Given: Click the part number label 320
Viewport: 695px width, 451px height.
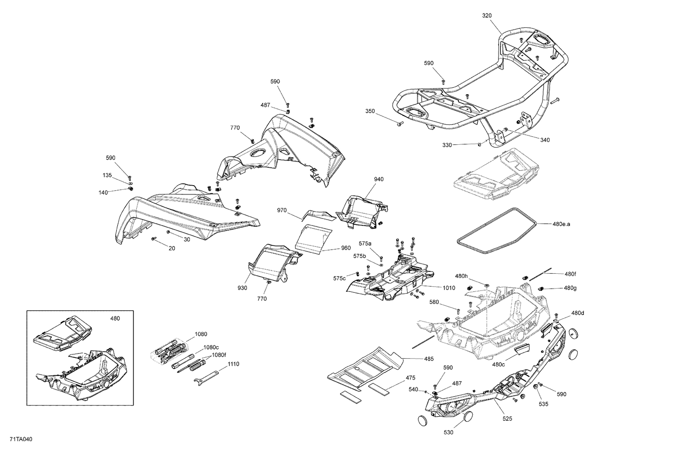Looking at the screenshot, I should pos(486,15).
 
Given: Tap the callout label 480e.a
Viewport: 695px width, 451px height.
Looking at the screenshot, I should pos(561,224).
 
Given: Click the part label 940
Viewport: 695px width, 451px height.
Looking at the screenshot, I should pos(379,179).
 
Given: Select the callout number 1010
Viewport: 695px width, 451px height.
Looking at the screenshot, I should pos(449,288).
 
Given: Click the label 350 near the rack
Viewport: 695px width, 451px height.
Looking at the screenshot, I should pos(370,111).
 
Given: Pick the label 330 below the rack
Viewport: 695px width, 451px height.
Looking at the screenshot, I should pos(447,145).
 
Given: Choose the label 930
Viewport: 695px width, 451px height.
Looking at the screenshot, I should pos(242,288).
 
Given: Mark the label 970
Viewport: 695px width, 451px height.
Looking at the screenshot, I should pos(282,210).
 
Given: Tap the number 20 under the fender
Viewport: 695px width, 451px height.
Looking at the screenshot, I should pos(172,248).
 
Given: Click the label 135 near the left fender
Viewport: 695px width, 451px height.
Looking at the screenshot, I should pos(107,175).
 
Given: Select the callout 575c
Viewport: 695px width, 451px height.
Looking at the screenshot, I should pos(339,278).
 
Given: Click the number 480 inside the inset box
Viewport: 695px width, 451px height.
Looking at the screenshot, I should pos(114,318).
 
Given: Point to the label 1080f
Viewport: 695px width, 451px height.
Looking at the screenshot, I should pos(219,355).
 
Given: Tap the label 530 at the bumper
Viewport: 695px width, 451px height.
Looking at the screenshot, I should pos(449,432).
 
